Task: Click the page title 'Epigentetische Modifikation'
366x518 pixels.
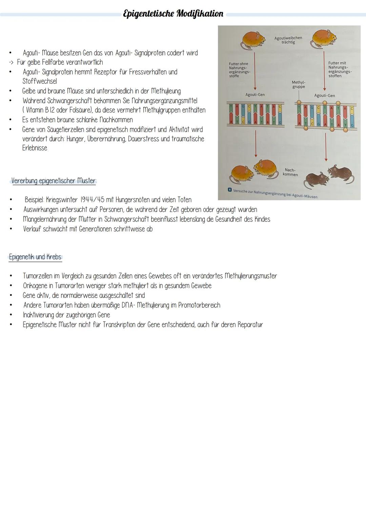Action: [x=173, y=14]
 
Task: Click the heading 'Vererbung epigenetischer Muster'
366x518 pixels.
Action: [x=53, y=181]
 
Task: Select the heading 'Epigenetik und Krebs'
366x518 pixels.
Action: [x=35, y=257]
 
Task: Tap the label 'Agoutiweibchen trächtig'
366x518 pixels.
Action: [x=288, y=40]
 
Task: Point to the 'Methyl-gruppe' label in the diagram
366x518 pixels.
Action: [x=298, y=84]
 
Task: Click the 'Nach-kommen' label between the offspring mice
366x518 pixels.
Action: [x=290, y=172]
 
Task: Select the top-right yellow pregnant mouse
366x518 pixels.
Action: [x=324, y=39]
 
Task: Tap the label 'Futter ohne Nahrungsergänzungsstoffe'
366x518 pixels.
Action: [x=239, y=70]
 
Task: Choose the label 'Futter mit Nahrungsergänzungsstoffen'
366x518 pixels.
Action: [x=339, y=69]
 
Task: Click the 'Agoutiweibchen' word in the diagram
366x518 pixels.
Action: [x=288, y=38]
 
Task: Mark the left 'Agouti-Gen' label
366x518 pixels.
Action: [x=255, y=95]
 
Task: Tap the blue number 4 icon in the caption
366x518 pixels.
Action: [x=229, y=190]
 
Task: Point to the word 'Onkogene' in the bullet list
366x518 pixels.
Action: [x=36, y=286]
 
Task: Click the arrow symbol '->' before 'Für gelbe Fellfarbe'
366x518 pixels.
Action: [x=12, y=62]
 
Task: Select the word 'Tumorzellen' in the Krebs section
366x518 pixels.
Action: [x=37, y=276]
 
